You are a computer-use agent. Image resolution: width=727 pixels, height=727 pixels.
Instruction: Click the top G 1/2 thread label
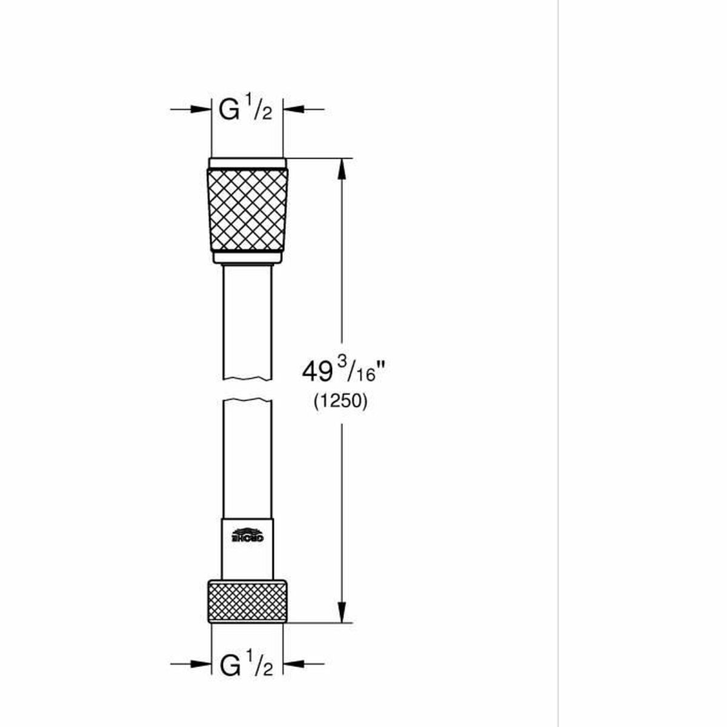click(246, 110)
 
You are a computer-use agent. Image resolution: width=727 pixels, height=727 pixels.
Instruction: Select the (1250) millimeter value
click(340, 402)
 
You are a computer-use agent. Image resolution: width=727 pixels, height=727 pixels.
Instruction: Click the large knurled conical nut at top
click(247, 210)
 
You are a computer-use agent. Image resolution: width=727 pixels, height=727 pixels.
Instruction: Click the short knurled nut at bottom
click(247, 600)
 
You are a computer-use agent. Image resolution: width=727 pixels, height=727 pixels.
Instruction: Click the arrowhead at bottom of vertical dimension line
click(342, 612)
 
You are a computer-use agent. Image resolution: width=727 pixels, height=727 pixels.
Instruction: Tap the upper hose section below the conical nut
click(247, 321)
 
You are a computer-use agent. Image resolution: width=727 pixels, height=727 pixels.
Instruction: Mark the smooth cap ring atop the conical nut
click(247, 163)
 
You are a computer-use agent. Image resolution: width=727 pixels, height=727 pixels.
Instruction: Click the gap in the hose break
click(247, 390)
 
